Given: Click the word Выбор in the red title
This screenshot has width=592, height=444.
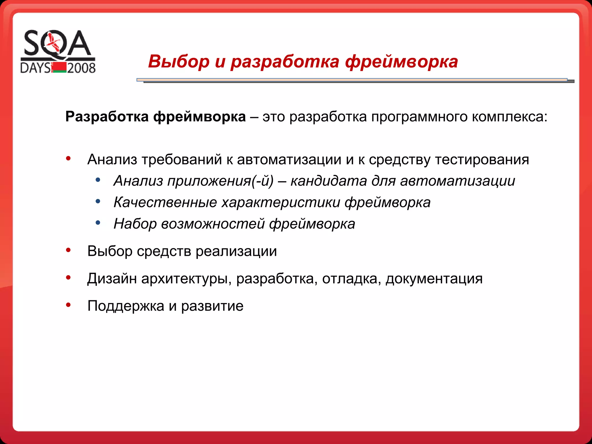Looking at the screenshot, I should tap(179, 61).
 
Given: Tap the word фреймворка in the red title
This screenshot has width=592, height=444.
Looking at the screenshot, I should tap(402, 61).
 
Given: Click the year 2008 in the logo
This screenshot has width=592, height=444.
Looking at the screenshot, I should tap(81, 68).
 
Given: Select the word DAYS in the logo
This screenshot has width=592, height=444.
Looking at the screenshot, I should tap(35, 68).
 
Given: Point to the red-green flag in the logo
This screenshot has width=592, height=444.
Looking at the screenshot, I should tap(59, 67).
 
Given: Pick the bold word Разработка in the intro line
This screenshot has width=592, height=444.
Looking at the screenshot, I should tap(107, 117).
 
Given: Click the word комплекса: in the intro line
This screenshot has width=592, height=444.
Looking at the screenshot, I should tap(510, 117).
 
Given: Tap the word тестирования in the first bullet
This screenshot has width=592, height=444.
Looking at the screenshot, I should tap(482, 160).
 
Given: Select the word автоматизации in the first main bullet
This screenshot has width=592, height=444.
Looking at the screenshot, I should tap(289, 160).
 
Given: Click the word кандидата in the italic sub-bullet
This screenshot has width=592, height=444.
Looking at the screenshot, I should tap(329, 181).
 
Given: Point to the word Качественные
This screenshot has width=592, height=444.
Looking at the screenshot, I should tap(165, 202).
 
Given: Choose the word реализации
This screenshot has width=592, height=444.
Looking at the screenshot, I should tap(236, 251).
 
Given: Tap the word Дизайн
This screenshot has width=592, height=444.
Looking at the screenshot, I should tap(112, 279).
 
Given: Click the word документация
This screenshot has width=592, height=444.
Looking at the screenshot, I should tap(434, 279).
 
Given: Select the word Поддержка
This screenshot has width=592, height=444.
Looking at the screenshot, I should tap(126, 306).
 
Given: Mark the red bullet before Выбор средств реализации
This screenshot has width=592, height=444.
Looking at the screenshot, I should tap(68, 250).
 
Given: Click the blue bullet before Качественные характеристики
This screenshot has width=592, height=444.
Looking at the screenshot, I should tap(98, 201).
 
